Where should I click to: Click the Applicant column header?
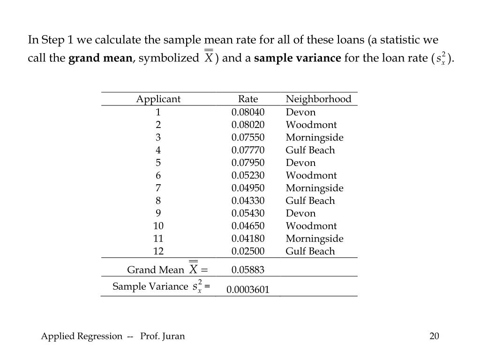pyautogui.click(x=158, y=99)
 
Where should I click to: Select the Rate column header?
pyautogui.click(x=248, y=99)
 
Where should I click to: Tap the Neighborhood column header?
pyautogui.click(x=318, y=99)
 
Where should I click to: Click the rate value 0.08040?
pyautogui.click(x=248, y=112)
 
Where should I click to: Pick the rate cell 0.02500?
pyautogui.click(x=248, y=251)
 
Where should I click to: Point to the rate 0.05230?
pyautogui.click(x=248, y=175)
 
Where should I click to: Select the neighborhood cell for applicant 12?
pyautogui.click(x=310, y=251)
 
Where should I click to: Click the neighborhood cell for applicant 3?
pyautogui.click(x=315, y=137)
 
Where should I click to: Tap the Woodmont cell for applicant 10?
pyautogui.click(x=311, y=226)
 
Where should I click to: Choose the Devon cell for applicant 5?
pyautogui.click(x=300, y=163)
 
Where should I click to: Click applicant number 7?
pyautogui.click(x=158, y=188)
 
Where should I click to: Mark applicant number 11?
pyautogui.click(x=158, y=239)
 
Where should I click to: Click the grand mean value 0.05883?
pyautogui.click(x=248, y=270)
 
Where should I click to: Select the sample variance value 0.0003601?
pyautogui.click(x=248, y=290)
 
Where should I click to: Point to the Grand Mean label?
pyautogui.click(x=156, y=270)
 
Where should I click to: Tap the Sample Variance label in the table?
pyautogui.click(x=150, y=286)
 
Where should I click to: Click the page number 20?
pyautogui.click(x=434, y=336)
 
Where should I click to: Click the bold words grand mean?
pyautogui.click(x=100, y=59)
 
